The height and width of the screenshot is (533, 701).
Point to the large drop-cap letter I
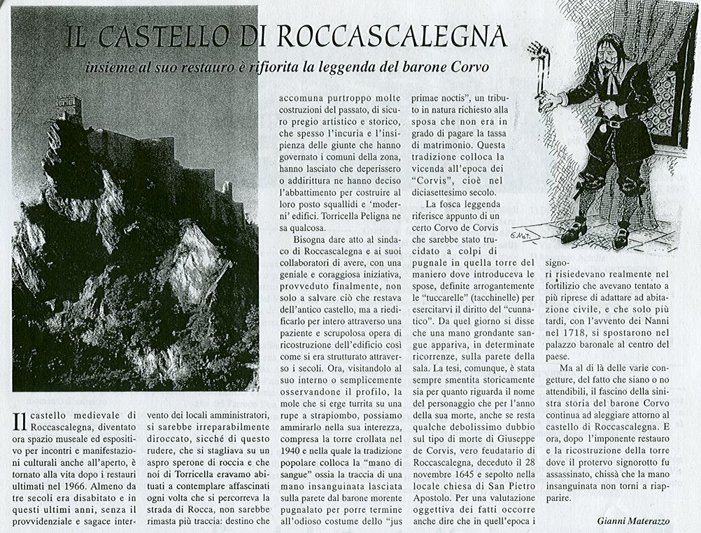point(18,424)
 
